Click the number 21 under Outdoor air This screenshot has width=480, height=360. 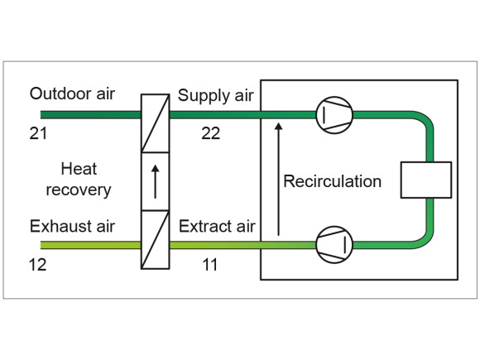38,133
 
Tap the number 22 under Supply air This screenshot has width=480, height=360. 210,133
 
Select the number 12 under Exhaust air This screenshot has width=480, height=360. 37,265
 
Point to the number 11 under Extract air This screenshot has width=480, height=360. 210,265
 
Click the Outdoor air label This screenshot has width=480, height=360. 72,94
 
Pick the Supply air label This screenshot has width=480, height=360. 216,95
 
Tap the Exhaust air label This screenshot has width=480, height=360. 72,226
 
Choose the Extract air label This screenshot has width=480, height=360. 217,226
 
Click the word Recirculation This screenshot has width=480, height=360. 333,181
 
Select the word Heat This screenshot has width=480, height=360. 79,169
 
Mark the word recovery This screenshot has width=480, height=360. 79,190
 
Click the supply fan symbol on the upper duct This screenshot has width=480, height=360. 334,115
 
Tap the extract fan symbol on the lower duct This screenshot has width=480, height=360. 334,245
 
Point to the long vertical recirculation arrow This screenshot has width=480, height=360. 278,179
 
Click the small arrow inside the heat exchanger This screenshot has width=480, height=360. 156,181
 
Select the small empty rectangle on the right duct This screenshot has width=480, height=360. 426,180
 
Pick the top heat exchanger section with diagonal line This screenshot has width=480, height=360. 156,123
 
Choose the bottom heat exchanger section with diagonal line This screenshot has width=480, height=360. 156,240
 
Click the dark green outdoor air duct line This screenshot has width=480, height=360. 90,115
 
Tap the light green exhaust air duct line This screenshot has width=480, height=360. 90,245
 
